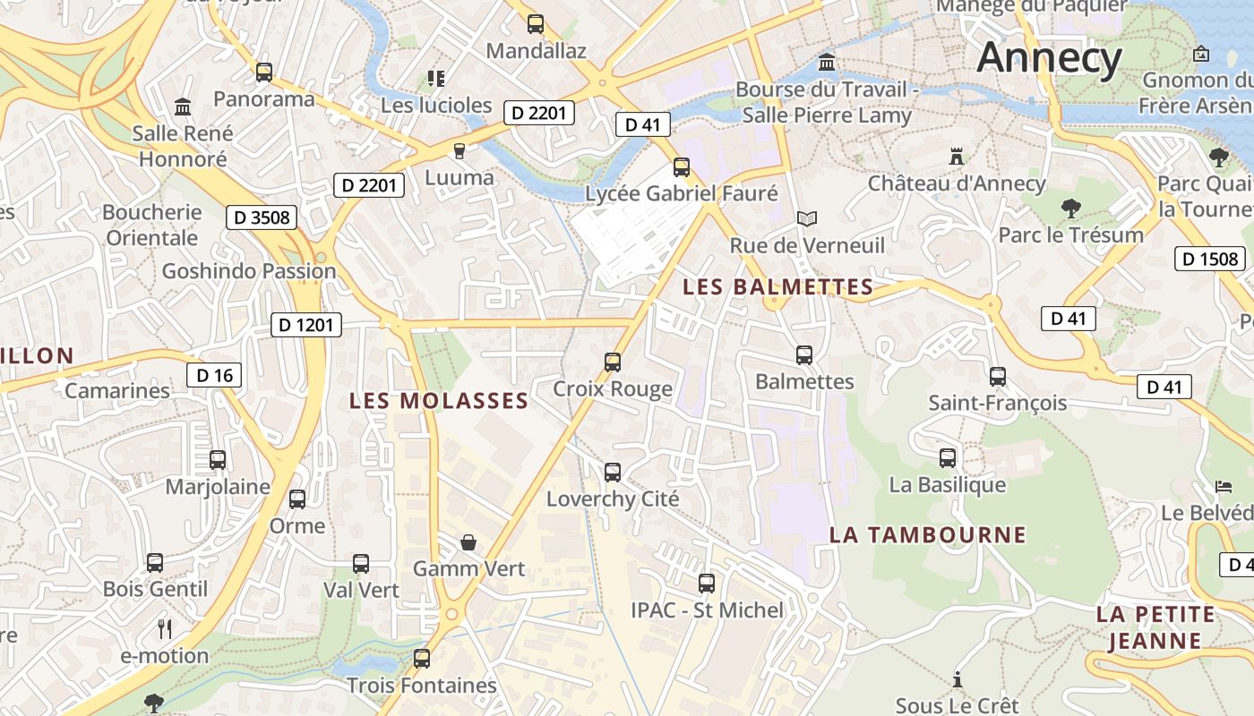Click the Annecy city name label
1049,58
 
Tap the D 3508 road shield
261,217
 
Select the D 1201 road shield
306,325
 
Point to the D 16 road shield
214,375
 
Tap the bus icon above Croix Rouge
613,362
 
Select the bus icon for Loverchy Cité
613,473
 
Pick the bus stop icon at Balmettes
804,355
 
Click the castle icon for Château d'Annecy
957,157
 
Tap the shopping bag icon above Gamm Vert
468,542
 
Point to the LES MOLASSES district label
439,401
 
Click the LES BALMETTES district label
777,287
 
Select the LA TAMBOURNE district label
927,535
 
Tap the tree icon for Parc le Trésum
1070,209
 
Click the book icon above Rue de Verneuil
807,218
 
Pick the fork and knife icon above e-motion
165,629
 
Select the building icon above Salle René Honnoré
184,107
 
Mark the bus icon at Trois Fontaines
422,659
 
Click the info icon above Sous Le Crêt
958,679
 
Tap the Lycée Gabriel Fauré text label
681,193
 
